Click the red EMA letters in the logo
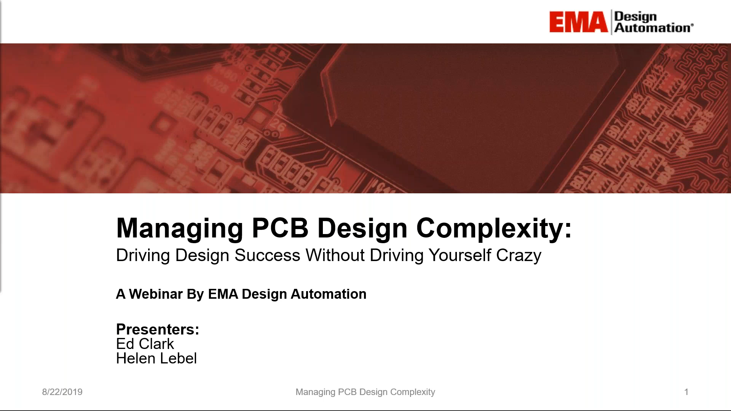pos(578,22)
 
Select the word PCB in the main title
pos(280,228)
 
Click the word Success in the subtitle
pos(267,255)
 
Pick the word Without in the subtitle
pos(335,255)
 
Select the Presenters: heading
pos(158,330)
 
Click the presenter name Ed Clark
pos(145,344)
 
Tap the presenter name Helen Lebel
pos(156,358)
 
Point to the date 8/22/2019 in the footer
pos(62,392)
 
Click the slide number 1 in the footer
pos(686,392)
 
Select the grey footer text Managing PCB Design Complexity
pos(365,392)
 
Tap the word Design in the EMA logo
pos(635,17)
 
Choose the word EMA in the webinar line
pos(223,294)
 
